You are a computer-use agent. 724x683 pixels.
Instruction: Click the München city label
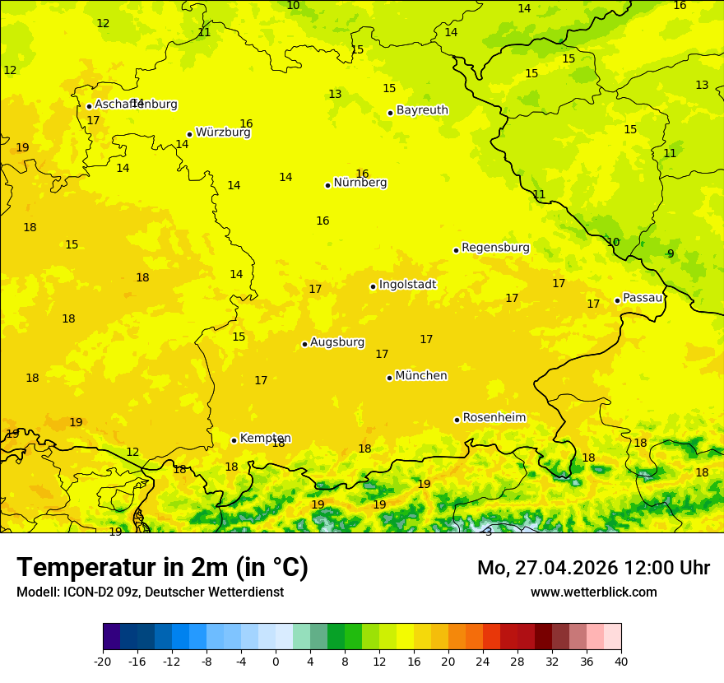(x=420, y=376)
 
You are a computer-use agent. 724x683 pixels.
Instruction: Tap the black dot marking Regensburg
(x=456, y=250)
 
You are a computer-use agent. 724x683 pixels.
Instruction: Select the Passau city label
(x=643, y=298)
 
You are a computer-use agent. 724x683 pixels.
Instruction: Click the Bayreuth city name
(x=422, y=110)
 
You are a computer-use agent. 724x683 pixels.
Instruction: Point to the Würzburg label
(x=222, y=132)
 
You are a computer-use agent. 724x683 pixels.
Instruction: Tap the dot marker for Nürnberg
(x=327, y=185)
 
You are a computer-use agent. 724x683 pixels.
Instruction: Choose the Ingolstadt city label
(x=407, y=285)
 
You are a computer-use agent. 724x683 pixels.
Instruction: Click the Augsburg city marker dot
(x=304, y=344)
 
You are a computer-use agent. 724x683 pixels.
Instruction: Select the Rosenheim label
(x=494, y=418)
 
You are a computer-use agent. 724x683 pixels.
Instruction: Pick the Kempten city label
(x=265, y=439)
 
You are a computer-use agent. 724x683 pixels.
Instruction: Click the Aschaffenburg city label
(x=136, y=105)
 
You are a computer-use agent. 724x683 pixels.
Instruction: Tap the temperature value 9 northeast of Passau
(x=671, y=253)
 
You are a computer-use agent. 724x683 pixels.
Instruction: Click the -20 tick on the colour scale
(x=103, y=661)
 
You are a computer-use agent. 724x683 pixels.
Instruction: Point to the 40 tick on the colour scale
(x=621, y=661)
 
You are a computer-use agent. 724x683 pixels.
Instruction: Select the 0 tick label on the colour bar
(x=276, y=661)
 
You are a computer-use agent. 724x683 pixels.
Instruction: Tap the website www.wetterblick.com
(x=593, y=592)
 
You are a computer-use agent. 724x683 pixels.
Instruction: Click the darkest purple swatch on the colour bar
(x=111, y=637)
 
